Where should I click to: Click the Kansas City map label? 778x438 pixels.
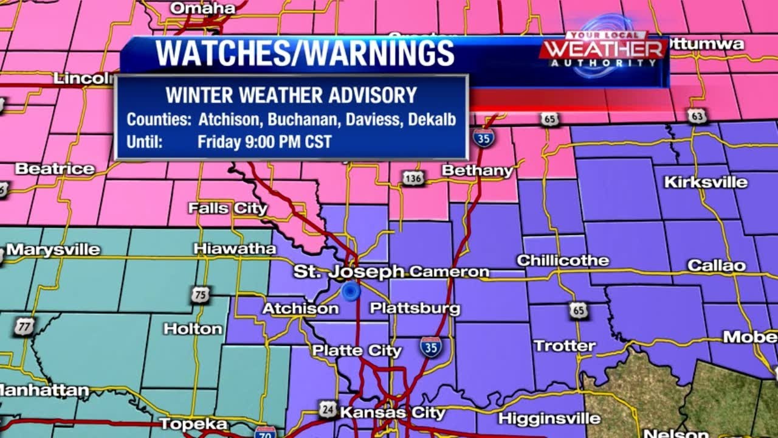click(392, 412)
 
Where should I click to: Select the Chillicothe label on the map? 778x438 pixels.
click(563, 260)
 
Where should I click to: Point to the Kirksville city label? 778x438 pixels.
click(705, 182)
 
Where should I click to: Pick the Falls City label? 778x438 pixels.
click(227, 208)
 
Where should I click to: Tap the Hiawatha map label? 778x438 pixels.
click(235, 248)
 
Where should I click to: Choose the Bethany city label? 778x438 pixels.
click(478, 170)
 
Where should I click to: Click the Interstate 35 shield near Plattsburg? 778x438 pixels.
click(430, 347)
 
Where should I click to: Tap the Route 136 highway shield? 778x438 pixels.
click(413, 178)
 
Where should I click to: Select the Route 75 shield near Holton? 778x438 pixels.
click(199, 295)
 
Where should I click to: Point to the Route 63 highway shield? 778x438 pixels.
click(697, 116)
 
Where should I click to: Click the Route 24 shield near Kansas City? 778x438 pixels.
click(328, 410)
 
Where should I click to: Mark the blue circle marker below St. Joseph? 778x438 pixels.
click(351, 291)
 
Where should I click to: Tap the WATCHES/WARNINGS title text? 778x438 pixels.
click(305, 54)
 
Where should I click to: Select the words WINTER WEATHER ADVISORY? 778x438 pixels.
click(291, 96)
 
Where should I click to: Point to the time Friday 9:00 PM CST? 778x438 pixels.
click(264, 142)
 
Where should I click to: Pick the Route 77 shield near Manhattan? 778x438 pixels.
click(24, 327)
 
